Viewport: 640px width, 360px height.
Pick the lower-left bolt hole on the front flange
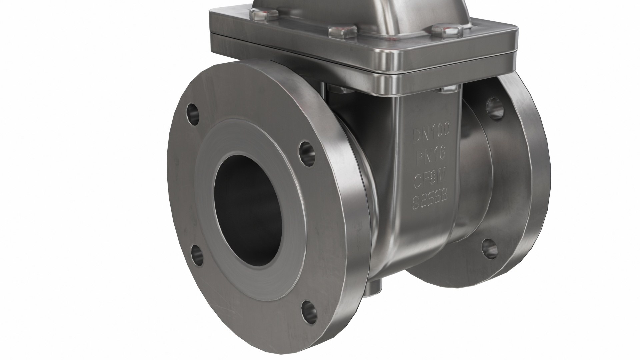click(197, 255)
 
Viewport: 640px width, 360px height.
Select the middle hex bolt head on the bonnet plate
click(340, 32)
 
